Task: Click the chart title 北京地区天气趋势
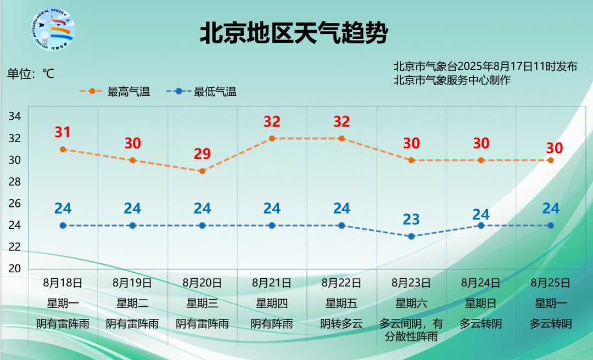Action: click(x=293, y=33)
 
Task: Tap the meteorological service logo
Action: click(x=54, y=28)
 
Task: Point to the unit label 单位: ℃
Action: click(x=31, y=74)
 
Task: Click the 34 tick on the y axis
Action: click(x=15, y=116)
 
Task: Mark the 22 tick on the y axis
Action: click(x=15, y=247)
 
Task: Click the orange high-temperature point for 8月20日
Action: click(x=202, y=171)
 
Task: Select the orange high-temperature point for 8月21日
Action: click(x=272, y=138)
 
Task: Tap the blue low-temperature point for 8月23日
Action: click(x=411, y=237)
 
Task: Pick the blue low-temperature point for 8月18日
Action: click(x=63, y=226)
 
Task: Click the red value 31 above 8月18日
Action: click(x=63, y=132)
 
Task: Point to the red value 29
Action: click(x=202, y=154)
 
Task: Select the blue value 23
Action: click(x=411, y=220)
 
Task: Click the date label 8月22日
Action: click(x=342, y=284)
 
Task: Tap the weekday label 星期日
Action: click(x=481, y=303)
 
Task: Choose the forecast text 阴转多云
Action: click(x=342, y=324)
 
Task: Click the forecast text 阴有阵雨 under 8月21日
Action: click(x=272, y=324)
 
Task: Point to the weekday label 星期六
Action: click(x=411, y=303)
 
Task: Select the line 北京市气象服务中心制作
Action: click(x=452, y=80)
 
